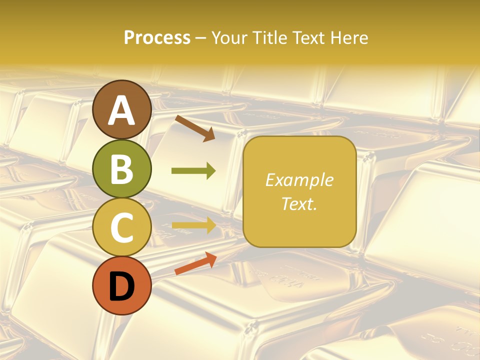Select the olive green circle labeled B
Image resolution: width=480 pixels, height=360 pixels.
coord(122,168)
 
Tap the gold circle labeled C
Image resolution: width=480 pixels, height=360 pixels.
coord(122,227)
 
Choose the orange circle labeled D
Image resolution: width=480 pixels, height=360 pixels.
coord(122,285)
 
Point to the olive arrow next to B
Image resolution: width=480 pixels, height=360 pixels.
coord(193,171)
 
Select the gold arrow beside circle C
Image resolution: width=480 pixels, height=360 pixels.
coord(193,225)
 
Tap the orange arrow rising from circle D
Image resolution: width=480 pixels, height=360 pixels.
coord(195,263)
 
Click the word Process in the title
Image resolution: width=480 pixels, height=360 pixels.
coord(157,38)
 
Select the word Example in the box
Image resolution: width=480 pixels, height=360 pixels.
coord(299,180)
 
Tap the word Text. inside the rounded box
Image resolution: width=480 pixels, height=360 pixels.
coord(299,203)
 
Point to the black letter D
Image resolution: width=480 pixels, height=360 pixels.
coord(122,286)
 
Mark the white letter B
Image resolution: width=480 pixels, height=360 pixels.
coord(122,169)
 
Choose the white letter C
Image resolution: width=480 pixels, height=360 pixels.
coord(122,227)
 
